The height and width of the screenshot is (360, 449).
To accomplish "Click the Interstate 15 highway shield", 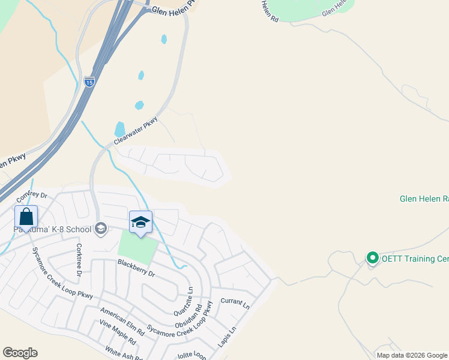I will [89, 82].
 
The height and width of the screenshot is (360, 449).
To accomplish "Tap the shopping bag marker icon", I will [26, 216].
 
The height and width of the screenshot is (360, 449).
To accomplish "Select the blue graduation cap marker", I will [140, 222].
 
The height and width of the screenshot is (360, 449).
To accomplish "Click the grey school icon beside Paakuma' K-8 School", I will [101, 228].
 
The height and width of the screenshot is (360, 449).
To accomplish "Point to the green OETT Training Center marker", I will [372, 258].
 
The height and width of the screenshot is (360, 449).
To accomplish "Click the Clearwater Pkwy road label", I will [136, 130].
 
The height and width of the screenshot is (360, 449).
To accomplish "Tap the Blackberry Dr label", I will [136, 268].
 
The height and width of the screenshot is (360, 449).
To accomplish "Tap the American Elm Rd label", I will [122, 322].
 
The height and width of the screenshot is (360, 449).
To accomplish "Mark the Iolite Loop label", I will [192, 355].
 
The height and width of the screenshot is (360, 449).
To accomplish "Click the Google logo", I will [20, 353].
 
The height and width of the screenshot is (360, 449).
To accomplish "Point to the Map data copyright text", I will [412, 355].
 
